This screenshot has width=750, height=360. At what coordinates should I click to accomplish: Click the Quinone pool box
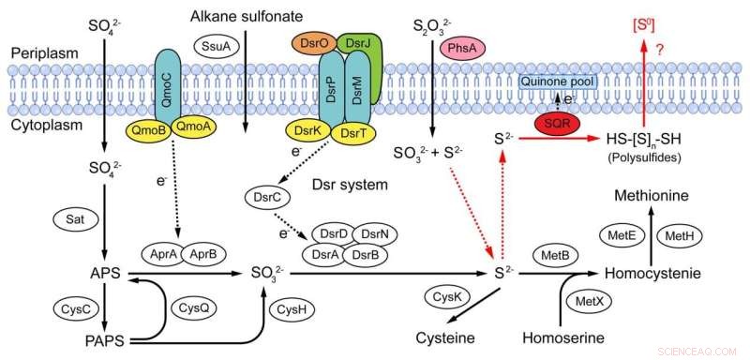click(x=565, y=81)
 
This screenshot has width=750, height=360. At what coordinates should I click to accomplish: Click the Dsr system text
click(x=350, y=185)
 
